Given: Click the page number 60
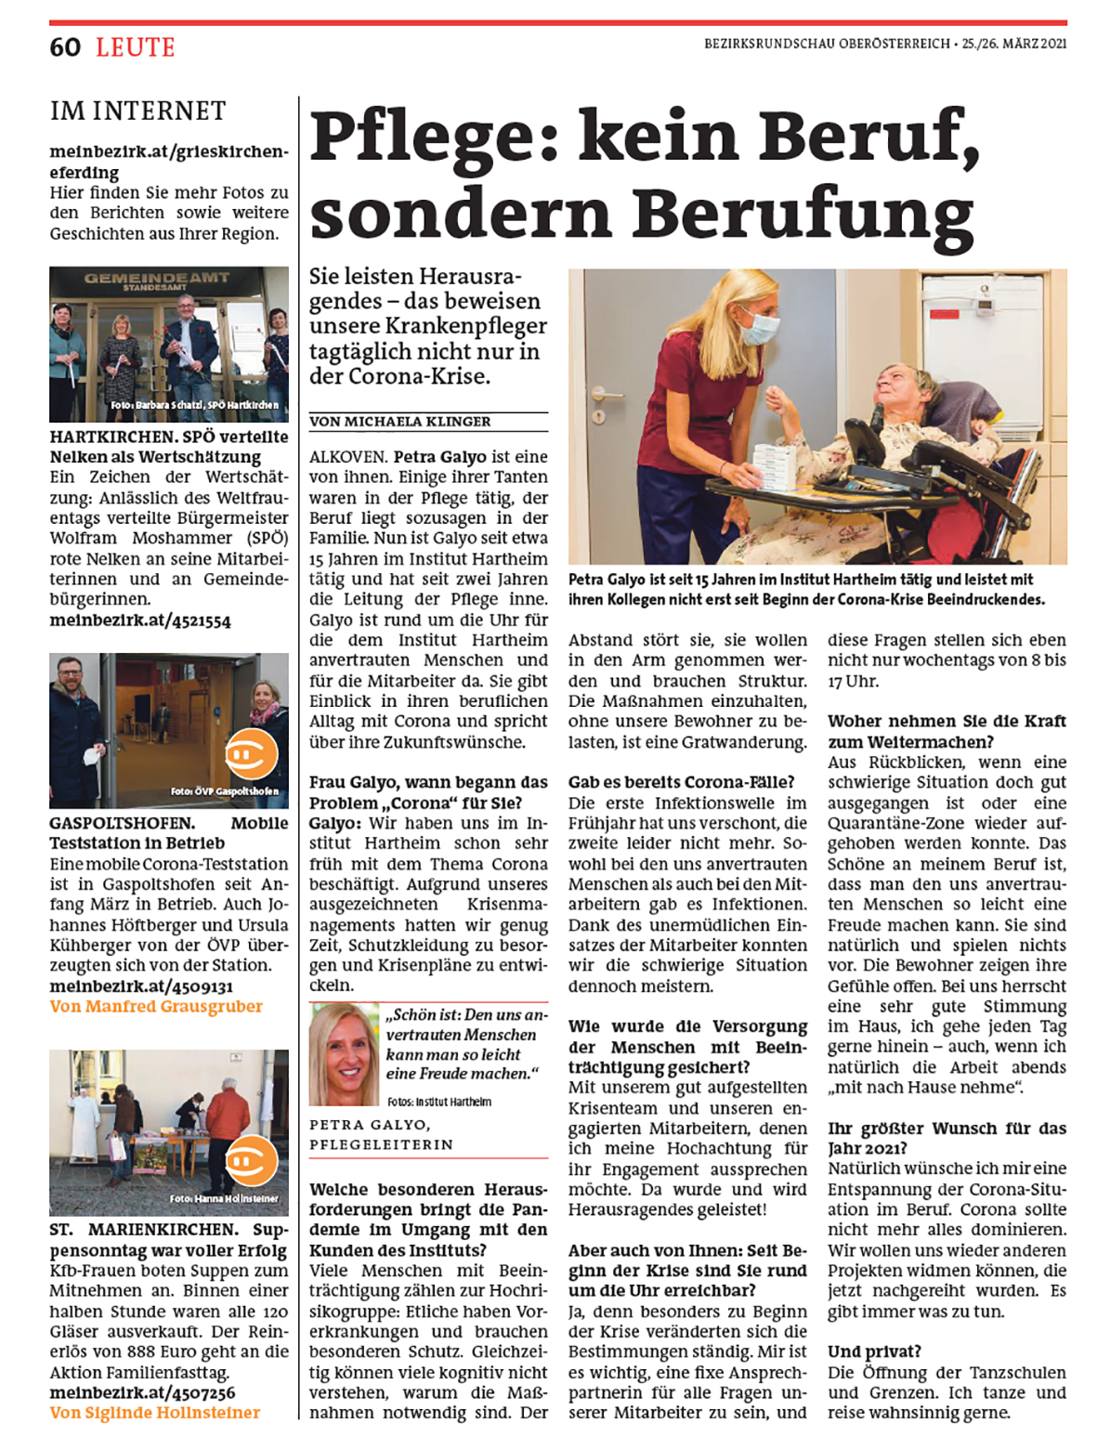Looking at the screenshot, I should click(x=65, y=47).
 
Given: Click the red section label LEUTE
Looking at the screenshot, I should click(x=136, y=47).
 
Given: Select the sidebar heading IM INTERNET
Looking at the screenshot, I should click(x=137, y=111).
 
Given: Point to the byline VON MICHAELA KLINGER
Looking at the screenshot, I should click(x=400, y=422).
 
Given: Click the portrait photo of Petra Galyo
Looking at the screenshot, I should click(x=345, y=1054).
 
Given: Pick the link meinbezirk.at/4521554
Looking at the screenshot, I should click(x=140, y=620).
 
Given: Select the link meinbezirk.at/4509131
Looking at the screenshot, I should click(x=141, y=986).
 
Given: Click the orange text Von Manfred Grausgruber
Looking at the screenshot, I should click(x=156, y=1007).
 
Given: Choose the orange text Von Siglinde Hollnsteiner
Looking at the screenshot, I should click(x=155, y=1413).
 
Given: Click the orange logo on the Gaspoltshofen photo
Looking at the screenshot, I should click(x=251, y=753).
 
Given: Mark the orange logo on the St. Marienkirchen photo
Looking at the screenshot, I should click(x=251, y=1160).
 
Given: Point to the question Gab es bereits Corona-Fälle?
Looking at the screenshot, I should click(x=681, y=782).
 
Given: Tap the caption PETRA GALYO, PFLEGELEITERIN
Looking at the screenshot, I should click(x=382, y=1134).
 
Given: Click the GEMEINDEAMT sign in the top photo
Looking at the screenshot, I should click(x=156, y=279).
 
